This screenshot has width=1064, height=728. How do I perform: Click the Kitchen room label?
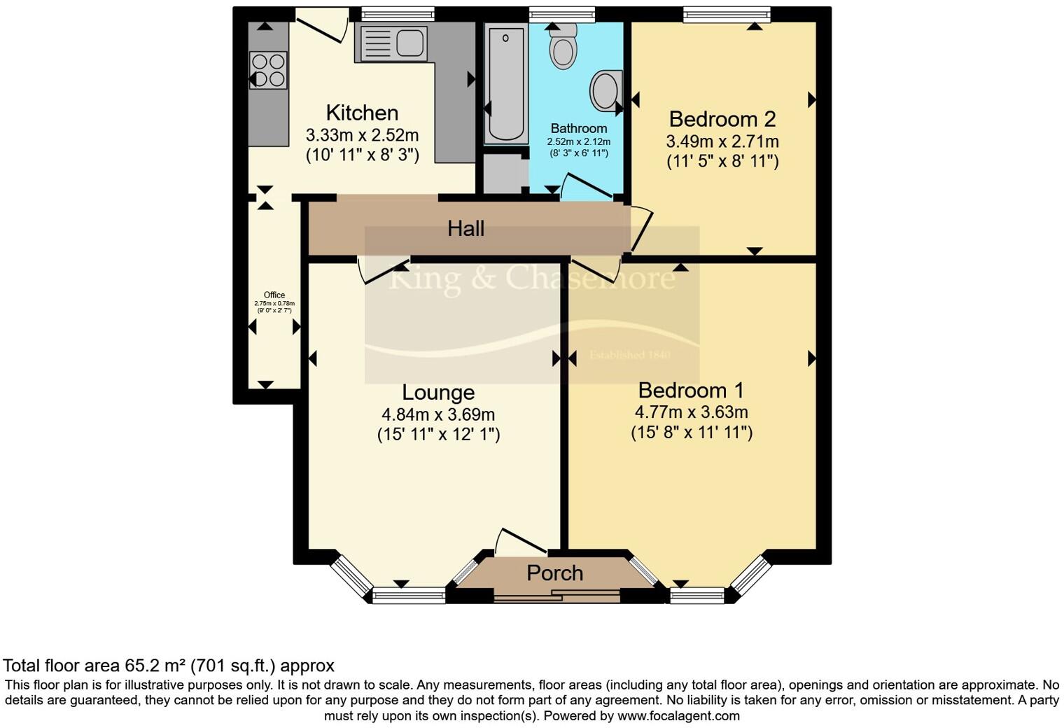362,113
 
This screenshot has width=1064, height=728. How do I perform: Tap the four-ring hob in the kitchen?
269,71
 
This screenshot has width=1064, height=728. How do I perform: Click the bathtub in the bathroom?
505,84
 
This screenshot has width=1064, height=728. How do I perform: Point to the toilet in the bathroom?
563,46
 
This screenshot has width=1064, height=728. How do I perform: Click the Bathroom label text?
578,129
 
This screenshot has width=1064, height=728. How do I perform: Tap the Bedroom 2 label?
722,119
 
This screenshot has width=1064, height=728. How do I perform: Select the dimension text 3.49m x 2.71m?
722,141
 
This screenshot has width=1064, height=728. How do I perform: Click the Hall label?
465,228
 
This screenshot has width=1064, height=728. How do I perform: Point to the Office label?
274,295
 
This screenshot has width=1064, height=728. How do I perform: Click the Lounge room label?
438,392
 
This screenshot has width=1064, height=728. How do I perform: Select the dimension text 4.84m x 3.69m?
438,414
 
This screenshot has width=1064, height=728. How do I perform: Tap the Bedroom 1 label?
691,390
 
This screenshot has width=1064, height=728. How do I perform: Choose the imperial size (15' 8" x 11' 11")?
691,433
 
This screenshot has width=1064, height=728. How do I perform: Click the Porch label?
554,573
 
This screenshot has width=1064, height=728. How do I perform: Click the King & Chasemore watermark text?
531,279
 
